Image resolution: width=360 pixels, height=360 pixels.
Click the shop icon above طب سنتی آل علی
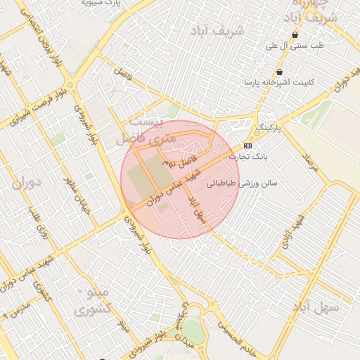click(295, 34)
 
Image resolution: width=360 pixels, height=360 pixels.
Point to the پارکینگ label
click(266, 128)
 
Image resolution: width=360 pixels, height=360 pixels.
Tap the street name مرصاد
click(310, 162)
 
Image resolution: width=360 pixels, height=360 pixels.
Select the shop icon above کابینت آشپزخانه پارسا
click(280, 72)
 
